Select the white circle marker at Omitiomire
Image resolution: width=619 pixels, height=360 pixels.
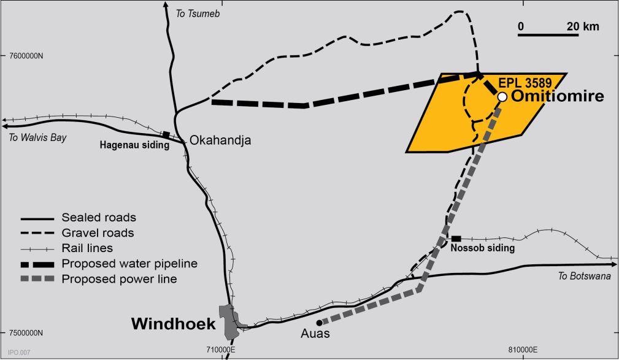(x=502, y=97)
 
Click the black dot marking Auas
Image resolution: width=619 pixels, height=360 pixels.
(x=319, y=323)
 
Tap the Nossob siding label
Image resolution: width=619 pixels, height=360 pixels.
(x=482, y=249)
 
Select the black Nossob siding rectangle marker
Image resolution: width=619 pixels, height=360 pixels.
(x=456, y=238)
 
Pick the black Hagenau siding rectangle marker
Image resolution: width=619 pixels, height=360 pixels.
(x=165, y=134)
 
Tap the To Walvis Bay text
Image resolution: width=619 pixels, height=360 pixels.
(x=37, y=137)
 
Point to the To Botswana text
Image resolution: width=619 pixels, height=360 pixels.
(x=585, y=276)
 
